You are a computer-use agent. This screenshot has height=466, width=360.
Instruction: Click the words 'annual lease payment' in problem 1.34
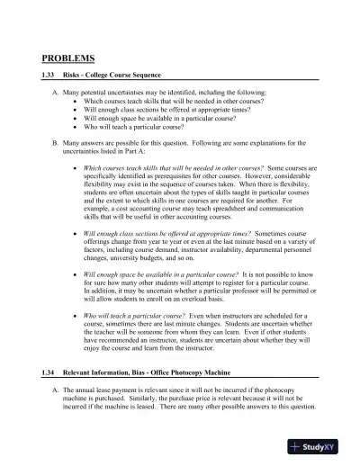pyautogui.click(x=109, y=390)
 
